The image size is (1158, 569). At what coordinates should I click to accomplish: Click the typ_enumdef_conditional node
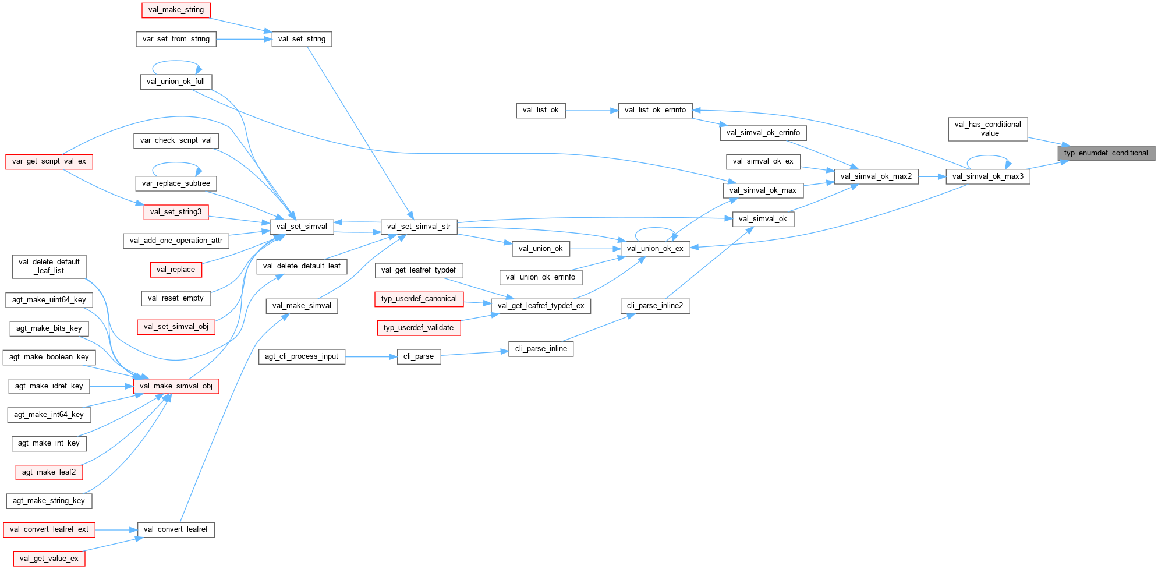click(1106, 153)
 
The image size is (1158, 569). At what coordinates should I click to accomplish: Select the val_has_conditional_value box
click(987, 129)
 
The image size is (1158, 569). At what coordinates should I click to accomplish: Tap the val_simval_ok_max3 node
click(987, 176)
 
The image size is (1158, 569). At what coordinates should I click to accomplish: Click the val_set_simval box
click(302, 227)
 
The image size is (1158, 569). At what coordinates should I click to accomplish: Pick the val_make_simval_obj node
click(176, 386)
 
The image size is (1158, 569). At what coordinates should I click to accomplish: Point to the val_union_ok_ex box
click(655, 249)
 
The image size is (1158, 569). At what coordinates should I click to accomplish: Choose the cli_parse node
click(419, 356)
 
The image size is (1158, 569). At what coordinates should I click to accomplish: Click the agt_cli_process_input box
click(302, 356)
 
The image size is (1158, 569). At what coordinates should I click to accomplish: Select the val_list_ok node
click(540, 110)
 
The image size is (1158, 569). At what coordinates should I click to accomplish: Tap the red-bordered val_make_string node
click(176, 10)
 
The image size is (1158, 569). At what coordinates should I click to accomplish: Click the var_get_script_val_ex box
click(49, 161)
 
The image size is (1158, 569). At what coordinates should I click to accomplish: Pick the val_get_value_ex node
click(49, 559)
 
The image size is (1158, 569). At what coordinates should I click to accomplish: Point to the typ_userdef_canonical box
click(419, 299)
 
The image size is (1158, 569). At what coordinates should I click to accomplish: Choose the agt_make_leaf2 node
click(49, 472)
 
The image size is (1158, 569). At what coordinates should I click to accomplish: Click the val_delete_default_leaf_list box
click(49, 266)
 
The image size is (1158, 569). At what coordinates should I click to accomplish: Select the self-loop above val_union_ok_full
click(176, 61)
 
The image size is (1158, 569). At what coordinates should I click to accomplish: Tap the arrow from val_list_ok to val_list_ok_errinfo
click(592, 110)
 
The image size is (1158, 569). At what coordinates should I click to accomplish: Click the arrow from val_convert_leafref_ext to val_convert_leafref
click(116, 530)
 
